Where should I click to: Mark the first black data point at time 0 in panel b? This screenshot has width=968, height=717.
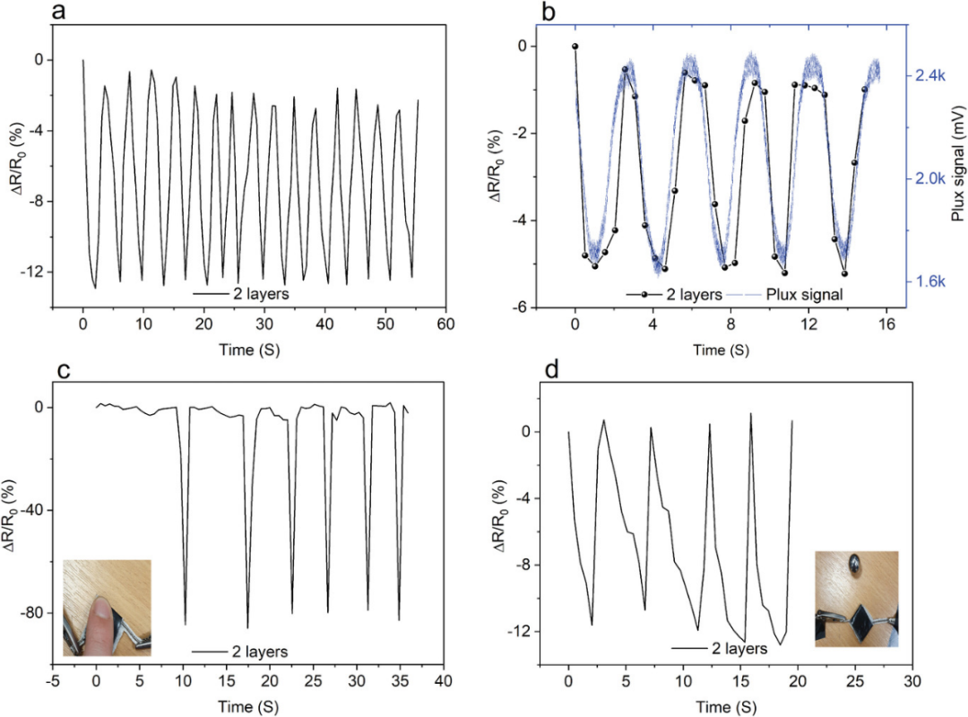click(x=575, y=46)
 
